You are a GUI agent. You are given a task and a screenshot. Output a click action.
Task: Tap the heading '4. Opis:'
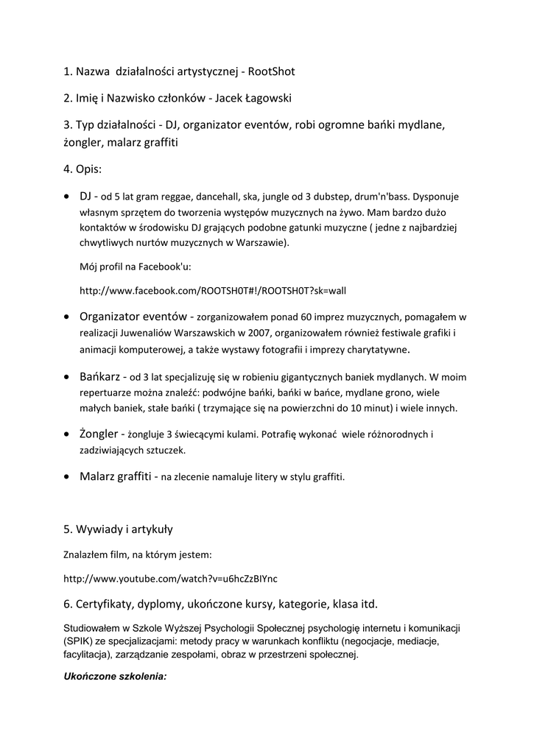click(x=82, y=169)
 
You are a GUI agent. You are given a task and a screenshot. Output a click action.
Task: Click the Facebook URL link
click(x=212, y=291)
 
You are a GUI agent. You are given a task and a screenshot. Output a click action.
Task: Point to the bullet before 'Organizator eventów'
click(x=68, y=317)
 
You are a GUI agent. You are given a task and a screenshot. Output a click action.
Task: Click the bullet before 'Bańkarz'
click(x=68, y=377)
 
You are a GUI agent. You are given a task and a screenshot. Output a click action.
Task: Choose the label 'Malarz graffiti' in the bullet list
click(x=115, y=476)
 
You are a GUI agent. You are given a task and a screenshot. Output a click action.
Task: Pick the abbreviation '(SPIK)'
click(x=79, y=641)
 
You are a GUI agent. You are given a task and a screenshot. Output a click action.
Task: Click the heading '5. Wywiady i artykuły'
click(x=118, y=529)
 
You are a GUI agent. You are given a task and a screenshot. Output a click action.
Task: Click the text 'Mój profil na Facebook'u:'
click(x=135, y=266)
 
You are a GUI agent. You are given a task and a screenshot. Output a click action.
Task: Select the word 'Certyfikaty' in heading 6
click(x=102, y=605)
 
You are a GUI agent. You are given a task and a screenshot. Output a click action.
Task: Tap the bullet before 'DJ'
click(x=68, y=197)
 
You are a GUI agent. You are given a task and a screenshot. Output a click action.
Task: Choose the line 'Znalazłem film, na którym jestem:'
click(x=138, y=554)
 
